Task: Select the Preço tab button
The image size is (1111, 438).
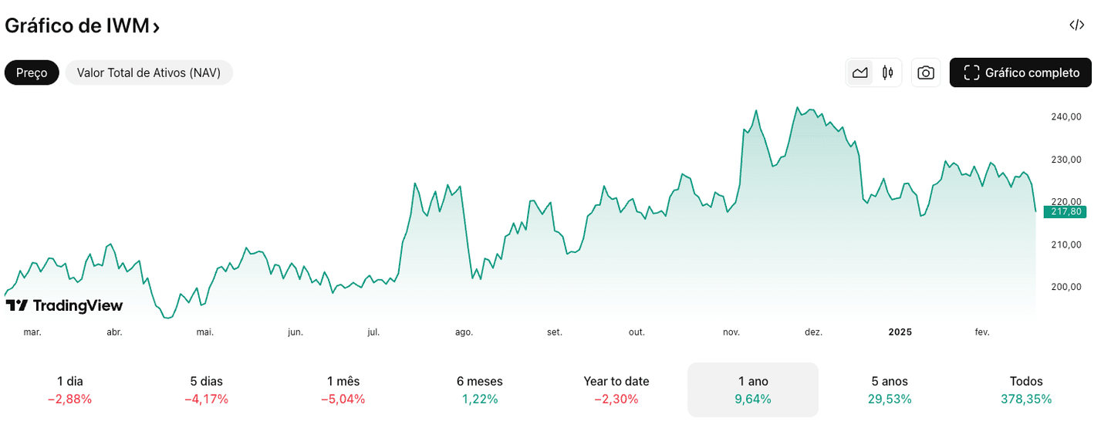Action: [x=32, y=72]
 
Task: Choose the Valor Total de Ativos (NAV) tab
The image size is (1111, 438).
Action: [x=149, y=72]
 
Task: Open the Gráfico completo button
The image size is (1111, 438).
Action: [x=1021, y=72]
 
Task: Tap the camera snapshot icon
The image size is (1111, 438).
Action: [x=926, y=72]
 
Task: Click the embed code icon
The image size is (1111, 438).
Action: [x=1077, y=25]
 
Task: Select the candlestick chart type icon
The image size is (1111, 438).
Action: [x=887, y=72]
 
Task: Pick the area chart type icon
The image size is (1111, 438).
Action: [x=860, y=72]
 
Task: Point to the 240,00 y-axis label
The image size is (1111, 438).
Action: [x=1065, y=117]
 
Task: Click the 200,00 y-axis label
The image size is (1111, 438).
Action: [x=1065, y=287]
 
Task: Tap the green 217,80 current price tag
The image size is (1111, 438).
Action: [x=1065, y=212]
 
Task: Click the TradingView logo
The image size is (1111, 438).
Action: [x=64, y=305]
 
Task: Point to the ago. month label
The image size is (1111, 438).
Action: [x=464, y=332]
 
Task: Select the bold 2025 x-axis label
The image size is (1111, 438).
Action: [x=900, y=332]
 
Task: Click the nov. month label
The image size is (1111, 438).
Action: [x=731, y=332]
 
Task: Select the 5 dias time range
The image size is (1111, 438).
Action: [x=206, y=382]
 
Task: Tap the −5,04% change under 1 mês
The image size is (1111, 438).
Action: [x=343, y=399]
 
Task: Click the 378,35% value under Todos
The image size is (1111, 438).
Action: [x=1026, y=399]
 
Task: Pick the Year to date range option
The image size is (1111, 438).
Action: [x=616, y=382]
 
